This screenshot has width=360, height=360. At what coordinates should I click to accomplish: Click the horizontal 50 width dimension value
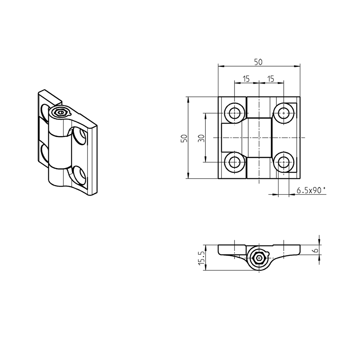(x=258, y=62)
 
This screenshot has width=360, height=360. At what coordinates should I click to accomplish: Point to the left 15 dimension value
(x=246, y=79)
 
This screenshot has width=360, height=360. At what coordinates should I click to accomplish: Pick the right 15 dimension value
(x=271, y=79)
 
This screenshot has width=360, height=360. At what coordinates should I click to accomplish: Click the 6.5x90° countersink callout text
(x=311, y=191)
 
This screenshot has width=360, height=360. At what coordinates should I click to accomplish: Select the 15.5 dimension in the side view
(x=201, y=258)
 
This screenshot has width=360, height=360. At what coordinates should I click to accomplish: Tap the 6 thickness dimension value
(x=315, y=250)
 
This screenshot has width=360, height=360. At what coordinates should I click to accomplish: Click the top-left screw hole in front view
(x=234, y=113)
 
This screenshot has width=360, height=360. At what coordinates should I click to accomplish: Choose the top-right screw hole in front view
(x=283, y=113)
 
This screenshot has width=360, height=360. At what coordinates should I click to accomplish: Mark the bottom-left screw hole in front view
(x=234, y=162)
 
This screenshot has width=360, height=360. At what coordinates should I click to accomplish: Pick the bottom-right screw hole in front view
(x=283, y=162)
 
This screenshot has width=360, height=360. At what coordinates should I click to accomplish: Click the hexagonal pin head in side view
(x=259, y=258)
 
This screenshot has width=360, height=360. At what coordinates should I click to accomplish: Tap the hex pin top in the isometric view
(x=61, y=113)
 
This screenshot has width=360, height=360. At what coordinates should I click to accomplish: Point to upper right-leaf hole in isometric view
(x=80, y=136)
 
